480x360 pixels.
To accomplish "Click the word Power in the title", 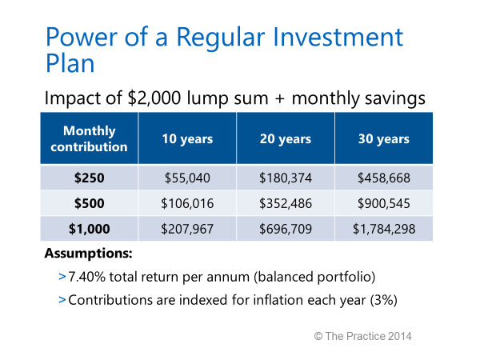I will (78, 38).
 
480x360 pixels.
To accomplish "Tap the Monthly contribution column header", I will (89, 138).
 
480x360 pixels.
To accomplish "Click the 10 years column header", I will (187, 139).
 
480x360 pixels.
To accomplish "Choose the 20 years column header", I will (286, 139).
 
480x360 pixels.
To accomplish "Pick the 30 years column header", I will (383, 139).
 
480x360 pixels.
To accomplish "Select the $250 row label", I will (89, 177).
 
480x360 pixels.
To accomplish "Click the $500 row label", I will (89, 202).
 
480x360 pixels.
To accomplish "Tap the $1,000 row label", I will (89, 228).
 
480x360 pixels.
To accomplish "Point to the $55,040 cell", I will (187, 177).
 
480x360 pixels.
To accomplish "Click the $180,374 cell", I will (286, 177).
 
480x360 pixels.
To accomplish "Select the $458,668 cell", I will (383, 177).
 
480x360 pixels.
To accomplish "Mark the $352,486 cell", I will (286, 202).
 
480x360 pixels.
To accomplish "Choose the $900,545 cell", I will (383, 202).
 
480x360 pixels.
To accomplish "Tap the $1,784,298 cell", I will (383, 228).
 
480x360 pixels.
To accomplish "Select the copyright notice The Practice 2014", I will (362, 336).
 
